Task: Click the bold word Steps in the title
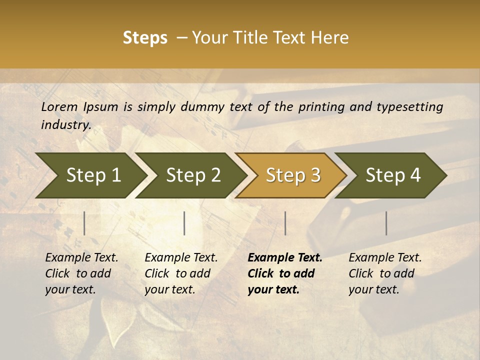point(145,38)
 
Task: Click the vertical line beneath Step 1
point(84,223)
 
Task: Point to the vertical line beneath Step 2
point(184,223)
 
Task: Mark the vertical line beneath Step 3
point(285,223)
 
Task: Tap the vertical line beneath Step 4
point(386,223)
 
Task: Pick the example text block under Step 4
point(385,273)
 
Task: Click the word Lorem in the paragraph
point(59,107)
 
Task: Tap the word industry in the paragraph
point(65,125)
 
